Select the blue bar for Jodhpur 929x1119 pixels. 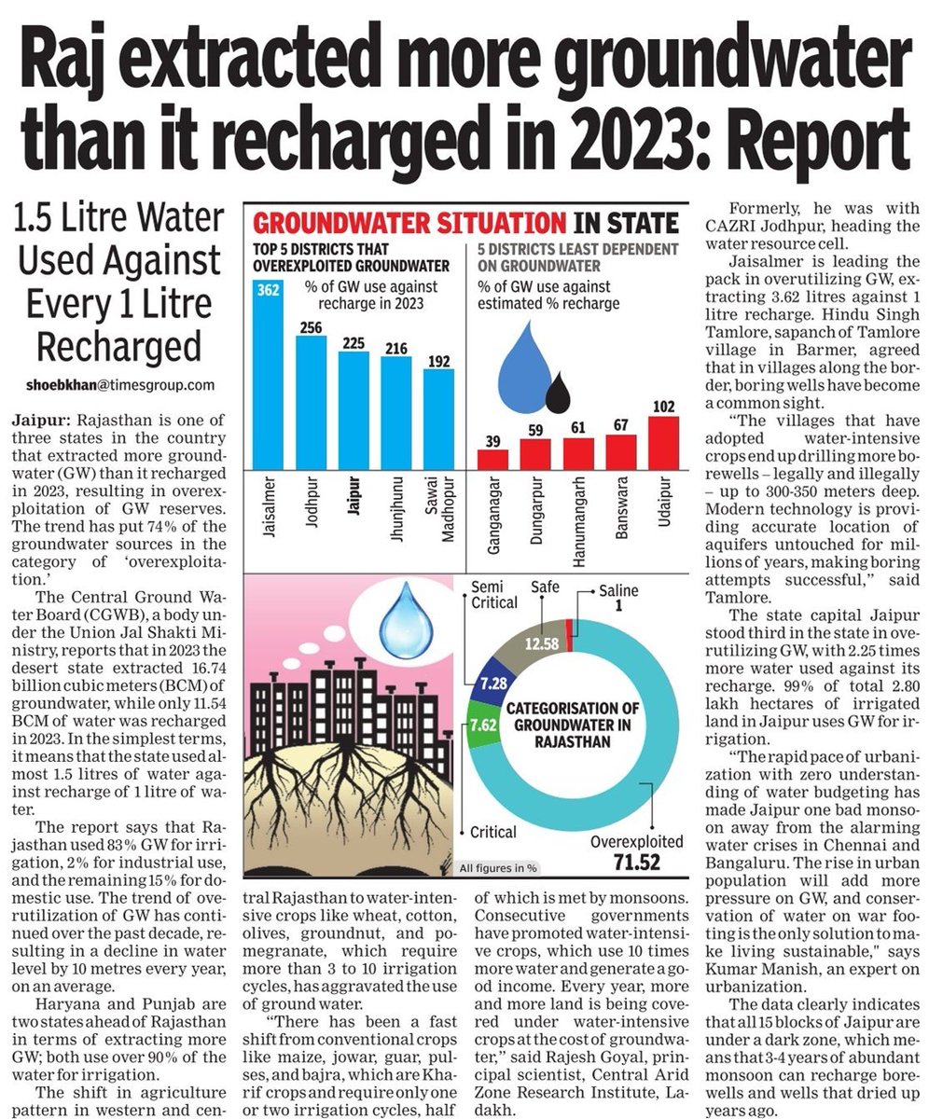312,401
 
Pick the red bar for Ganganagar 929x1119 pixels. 493,459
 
